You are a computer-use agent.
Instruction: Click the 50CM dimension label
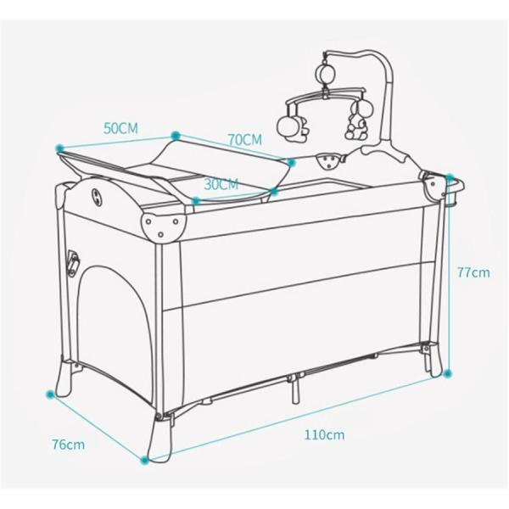[120, 128]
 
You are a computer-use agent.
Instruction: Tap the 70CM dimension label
[245, 140]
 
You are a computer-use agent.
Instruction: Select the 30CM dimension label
[221, 184]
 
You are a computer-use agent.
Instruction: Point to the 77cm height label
[473, 272]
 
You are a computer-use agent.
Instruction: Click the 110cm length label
[324, 434]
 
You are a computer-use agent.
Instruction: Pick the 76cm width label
[69, 445]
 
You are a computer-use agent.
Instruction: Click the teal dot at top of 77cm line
[450, 177]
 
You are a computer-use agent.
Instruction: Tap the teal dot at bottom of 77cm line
[448, 373]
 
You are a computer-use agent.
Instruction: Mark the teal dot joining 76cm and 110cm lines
[145, 460]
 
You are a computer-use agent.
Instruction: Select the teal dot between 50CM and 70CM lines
[176, 136]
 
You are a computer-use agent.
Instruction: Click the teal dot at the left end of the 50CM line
[59, 148]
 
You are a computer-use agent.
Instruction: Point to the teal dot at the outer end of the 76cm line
[50, 394]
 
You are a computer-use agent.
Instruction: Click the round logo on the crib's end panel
[97, 198]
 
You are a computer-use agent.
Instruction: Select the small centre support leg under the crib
[294, 391]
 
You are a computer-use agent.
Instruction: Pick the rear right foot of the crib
[433, 361]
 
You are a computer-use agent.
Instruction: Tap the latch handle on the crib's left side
[73, 263]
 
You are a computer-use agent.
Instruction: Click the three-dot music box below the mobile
[330, 160]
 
